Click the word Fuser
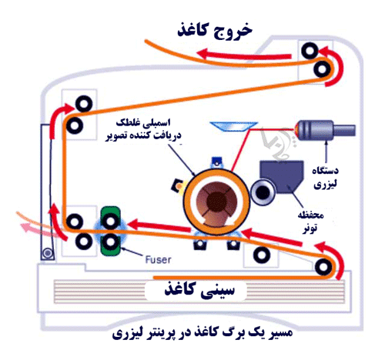158,259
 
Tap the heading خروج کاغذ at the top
215,31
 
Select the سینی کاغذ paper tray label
199,289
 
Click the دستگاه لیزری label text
325,178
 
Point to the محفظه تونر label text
310,222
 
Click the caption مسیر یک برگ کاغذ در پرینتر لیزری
203,334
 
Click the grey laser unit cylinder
326,130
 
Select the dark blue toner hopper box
282,177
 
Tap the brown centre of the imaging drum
216,202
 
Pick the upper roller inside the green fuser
110,221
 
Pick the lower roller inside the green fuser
110,242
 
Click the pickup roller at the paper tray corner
323,267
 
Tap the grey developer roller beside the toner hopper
263,192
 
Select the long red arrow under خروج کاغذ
244,55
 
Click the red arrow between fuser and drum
159,225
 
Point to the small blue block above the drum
216,162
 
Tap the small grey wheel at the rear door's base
47,253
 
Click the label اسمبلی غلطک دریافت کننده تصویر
143,129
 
